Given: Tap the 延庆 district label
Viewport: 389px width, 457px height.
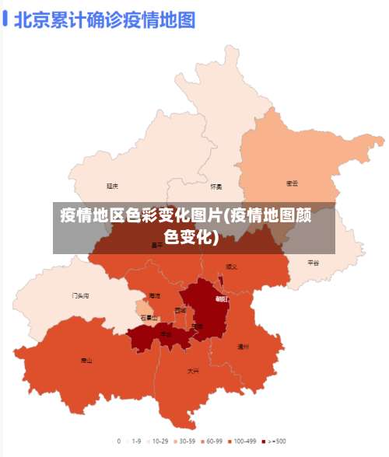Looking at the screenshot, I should pyautogui.click(x=113, y=186).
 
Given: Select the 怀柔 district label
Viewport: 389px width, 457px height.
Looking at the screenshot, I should pyautogui.click(x=216, y=187).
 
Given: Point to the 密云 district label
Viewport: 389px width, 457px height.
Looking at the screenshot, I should pyautogui.click(x=293, y=183).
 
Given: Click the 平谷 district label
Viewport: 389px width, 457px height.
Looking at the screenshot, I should pyautogui.click(x=313, y=263).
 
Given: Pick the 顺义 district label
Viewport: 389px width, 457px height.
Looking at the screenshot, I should pyautogui.click(x=232, y=267).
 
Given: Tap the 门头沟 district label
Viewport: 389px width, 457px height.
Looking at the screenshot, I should pyautogui.click(x=80, y=296).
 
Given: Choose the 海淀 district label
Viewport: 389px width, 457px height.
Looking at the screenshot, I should pyautogui.click(x=155, y=296).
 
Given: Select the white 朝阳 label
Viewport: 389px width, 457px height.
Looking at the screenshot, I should pyautogui.click(x=223, y=298).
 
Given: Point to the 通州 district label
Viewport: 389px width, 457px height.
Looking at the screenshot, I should pyautogui.click(x=243, y=347).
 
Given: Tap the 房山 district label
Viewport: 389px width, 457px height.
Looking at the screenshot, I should pyautogui.click(x=86, y=361).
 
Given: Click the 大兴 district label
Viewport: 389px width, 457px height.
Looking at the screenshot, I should pyautogui.click(x=193, y=372).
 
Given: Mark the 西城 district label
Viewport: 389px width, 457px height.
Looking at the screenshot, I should pyautogui.click(x=180, y=310).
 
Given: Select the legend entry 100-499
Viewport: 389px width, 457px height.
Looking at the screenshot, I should pyautogui.click(x=243, y=441).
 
